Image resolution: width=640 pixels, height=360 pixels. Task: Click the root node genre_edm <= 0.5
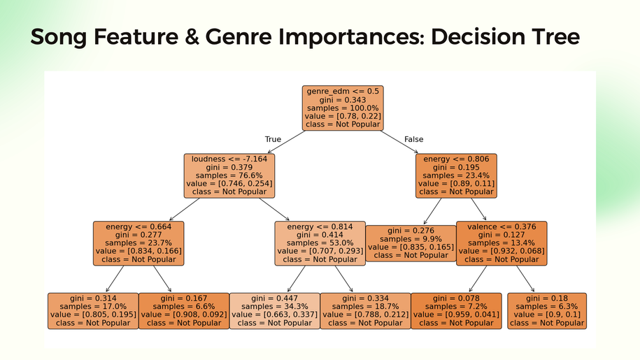tap(343, 108)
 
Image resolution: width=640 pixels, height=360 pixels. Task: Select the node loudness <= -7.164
tap(229, 175)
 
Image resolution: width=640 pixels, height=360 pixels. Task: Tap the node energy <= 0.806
tap(457, 175)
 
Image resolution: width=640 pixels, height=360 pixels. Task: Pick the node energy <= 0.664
tap(138, 243)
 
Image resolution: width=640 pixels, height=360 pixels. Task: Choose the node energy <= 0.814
tap(320, 243)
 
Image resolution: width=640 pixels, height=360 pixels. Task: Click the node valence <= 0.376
tap(502, 243)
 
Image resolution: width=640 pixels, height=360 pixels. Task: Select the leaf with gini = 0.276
tap(411, 243)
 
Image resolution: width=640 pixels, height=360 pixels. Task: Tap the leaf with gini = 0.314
tap(93, 310)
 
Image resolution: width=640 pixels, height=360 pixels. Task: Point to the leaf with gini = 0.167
tap(184, 310)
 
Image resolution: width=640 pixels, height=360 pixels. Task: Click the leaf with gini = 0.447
tap(274, 310)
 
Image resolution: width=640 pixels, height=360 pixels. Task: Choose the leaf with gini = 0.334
tap(365, 310)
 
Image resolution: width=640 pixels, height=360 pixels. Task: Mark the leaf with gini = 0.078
tap(456, 310)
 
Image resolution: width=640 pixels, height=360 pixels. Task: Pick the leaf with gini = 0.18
tap(546, 310)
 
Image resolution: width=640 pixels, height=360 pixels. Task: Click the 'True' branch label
tap(273, 139)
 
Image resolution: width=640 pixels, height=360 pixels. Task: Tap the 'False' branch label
tap(413, 139)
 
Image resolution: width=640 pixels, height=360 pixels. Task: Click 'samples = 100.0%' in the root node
tap(343, 108)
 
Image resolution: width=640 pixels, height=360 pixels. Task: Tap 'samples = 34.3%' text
tap(274, 306)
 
